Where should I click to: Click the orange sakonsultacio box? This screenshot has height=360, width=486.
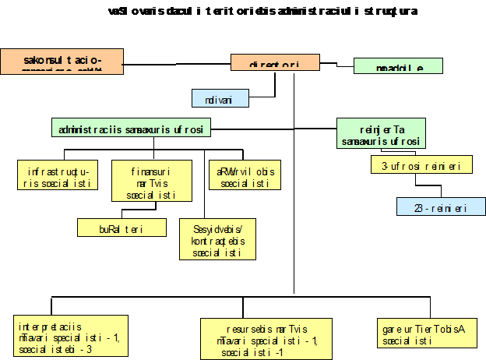point(62,61)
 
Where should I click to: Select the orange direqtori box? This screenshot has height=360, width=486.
point(275,62)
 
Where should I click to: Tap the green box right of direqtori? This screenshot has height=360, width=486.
point(398,65)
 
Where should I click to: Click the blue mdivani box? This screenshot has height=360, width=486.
point(220,98)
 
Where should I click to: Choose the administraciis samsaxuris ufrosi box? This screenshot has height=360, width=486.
point(132,128)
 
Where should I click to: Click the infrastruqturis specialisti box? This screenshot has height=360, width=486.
point(58,175)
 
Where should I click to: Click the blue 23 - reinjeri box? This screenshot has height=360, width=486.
point(441,206)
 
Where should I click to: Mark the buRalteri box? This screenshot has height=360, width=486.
point(121,228)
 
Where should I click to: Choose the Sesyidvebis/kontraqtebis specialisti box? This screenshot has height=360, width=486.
point(218,238)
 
